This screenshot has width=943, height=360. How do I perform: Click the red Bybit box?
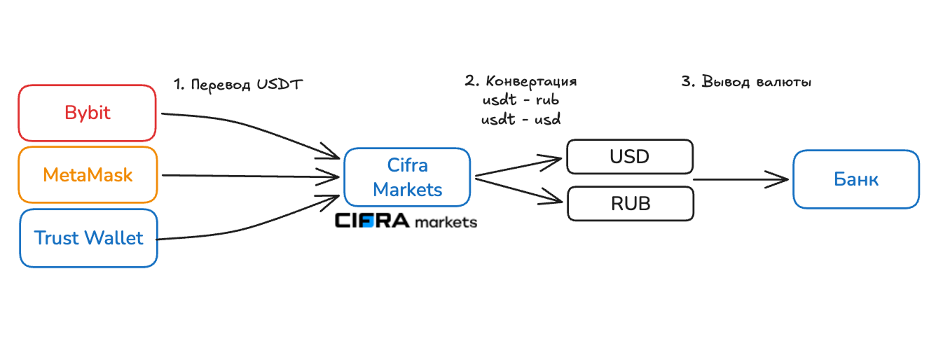coord(87,113)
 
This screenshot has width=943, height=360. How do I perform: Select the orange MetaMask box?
coord(88,174)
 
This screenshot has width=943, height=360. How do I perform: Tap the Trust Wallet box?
coord(88,238)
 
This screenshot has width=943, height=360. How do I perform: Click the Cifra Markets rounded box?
coord(407,177)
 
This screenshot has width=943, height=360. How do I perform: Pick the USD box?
coord(630,157)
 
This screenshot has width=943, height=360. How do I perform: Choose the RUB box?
coord(631,204)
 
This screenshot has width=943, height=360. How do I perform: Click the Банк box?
coord(856,179)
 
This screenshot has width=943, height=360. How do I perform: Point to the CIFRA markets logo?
coord(406,221)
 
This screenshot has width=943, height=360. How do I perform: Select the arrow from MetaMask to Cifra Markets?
coord(251,176)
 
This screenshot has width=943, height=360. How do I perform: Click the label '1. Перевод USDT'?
coord(238,85)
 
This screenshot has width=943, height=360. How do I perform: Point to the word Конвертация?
coord(531,82)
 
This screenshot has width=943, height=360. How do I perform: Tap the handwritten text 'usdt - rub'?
coord(521,100)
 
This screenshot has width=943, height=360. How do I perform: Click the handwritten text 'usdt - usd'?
coord(521,120)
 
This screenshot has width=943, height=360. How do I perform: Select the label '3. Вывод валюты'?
coord(746,82)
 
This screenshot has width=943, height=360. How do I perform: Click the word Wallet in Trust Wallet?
coord(114,238)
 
